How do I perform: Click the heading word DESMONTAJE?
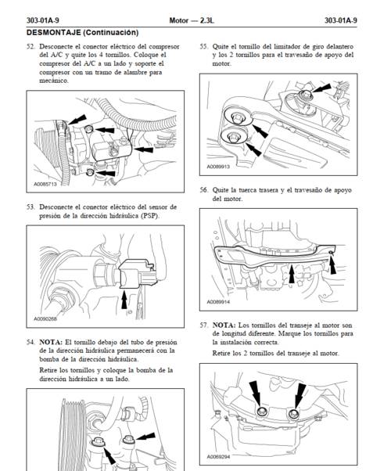pos(53,32)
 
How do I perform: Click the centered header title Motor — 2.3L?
pos(192,20)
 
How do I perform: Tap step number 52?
pos(31,47)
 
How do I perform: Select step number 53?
pos(31,207)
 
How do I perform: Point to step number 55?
pos(204,47)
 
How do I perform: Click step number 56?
pos(204,190)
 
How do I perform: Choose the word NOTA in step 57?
pos(224,325)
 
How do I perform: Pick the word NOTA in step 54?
pos(51,342)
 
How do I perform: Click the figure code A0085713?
pos(45,184)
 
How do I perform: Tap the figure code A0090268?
pos(45,319)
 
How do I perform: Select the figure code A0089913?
pos(218,167)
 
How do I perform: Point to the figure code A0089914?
pos(218,302)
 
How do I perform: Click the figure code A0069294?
pos(218,457)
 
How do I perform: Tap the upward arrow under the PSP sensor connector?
pos(124,299)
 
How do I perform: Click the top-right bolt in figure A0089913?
pos(305,95)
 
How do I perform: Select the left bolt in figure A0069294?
pos(261,411)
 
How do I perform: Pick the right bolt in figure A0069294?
pos(292,414)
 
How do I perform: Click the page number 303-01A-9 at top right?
pos(340,20)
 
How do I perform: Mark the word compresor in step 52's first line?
pos(164,47)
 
